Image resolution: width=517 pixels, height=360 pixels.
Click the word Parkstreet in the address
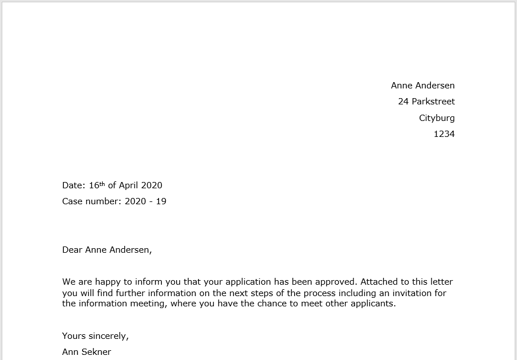[434, 102]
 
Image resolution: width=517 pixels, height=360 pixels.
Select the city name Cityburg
[437, 118]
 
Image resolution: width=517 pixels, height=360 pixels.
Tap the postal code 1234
[444, 134]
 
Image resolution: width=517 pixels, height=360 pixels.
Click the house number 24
[404, 102]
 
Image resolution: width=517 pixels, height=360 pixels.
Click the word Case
[73, 201]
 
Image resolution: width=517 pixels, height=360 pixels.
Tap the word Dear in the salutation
[72, 249]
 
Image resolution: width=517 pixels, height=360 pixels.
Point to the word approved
[335, 282]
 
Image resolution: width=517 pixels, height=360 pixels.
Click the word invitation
[412, 293]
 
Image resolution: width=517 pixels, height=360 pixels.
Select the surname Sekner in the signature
[97, 352]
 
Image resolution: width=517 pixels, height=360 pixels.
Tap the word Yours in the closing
[74, 336]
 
